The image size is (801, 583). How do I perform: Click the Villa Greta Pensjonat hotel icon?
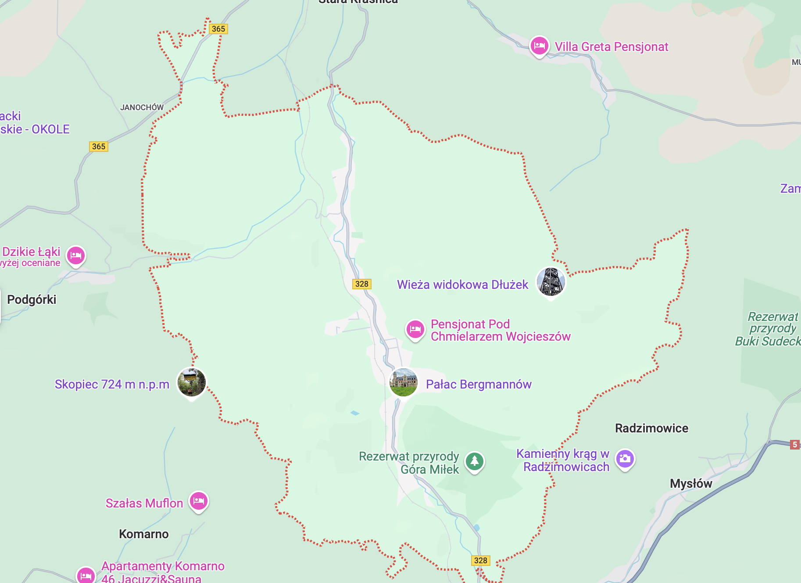click(539, 46)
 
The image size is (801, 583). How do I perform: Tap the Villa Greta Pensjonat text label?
click(611, 47)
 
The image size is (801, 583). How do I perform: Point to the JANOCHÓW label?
click(142, 107)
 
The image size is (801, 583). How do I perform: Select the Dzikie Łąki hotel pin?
click(76, 255)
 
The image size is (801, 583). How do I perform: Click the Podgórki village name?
click(32, 299)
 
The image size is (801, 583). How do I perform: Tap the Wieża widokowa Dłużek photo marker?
click(551, 282)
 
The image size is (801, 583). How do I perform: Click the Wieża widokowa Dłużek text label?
click(462, 284)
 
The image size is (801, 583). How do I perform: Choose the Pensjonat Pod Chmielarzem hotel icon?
click(415, 329)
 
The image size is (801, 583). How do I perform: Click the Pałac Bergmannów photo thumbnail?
click(403, 382)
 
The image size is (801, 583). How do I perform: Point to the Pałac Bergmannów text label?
click(479, 384)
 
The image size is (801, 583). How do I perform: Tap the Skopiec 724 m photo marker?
click(191, 382)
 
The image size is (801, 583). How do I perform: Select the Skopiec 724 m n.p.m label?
click(112, 384)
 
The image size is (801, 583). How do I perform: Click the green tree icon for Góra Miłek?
click(474, 461)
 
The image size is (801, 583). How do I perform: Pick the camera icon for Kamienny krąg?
click(625, 459)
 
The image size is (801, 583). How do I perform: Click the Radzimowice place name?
click(651, 428)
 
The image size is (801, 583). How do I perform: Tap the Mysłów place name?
click(691, 483)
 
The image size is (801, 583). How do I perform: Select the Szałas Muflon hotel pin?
click(199, 501)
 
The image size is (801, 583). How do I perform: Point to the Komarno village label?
click(144, 534)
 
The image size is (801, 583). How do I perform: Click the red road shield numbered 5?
click(794, 444)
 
